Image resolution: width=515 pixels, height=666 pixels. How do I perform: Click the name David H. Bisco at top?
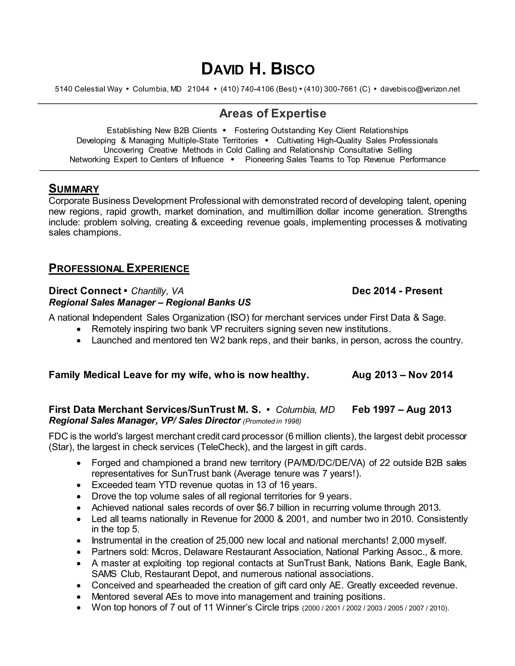[x=257, y=69]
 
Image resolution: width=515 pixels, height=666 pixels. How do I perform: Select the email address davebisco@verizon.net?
[x=420, y=89]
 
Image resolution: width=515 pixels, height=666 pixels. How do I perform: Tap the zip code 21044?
[x=198, y=89]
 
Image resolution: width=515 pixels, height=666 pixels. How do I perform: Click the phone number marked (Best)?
[x=259, y=89]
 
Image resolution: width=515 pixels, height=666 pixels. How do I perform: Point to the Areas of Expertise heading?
[x=272, y=113]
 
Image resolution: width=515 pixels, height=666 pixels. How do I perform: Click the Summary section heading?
[x=74, y=189]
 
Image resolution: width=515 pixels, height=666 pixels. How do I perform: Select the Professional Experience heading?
[x=119, y=268]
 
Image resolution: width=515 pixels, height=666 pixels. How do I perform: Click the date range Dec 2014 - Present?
[x=397, y=291]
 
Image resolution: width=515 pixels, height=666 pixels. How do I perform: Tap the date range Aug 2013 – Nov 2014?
[x=402, y=375]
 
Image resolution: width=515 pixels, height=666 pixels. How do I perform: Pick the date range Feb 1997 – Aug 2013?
[x=402, y=409]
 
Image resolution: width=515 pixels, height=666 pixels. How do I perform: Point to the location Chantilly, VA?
[x=157, y=291]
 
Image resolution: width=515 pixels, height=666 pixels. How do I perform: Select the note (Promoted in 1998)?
[x=272, y=421]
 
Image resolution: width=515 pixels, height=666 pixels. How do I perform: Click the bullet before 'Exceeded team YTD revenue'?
[x=79, y=485]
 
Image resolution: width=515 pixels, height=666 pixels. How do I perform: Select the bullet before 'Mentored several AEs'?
[x=79, y=597]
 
